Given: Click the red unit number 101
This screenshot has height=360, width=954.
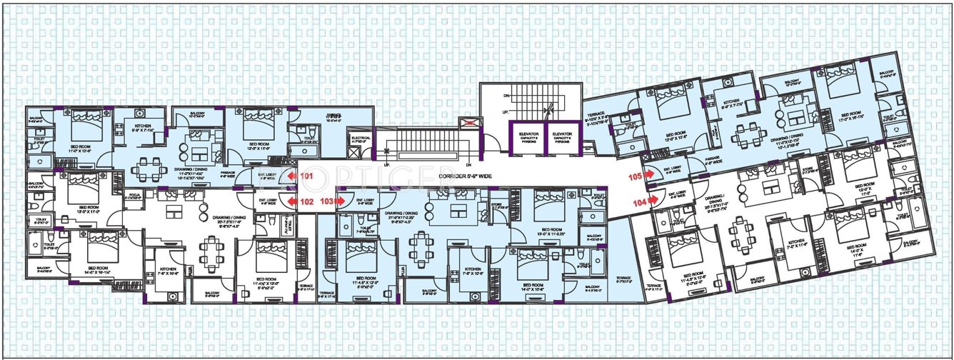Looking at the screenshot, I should click(307, 175).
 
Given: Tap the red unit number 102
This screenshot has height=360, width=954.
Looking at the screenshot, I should click(307, 202).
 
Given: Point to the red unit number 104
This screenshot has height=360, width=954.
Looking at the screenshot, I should click(639, 203).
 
